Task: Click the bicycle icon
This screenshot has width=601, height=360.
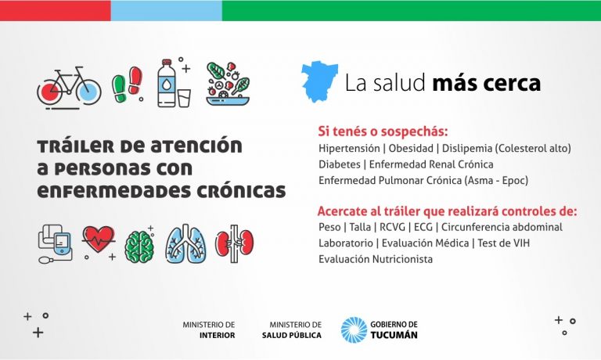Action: pos(70,88)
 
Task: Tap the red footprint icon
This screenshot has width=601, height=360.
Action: pos(135,81)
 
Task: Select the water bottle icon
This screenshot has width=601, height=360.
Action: pos(167,83)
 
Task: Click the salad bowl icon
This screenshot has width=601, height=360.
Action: pos(228,84)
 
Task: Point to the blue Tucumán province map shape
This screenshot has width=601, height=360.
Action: pos(319,81)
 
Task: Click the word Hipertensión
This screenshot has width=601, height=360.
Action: pos(349,149)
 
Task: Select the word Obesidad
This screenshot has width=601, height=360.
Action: pos(411,149)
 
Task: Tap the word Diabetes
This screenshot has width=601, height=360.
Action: pos(340,164)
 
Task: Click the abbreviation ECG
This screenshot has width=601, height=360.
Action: pos(423,227)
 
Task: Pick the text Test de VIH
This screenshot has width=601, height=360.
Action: pos(504,243)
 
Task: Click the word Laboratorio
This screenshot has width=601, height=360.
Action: pos(346,243)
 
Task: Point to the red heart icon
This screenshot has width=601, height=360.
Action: pos(99,239)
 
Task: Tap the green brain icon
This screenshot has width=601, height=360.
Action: pos(139,247)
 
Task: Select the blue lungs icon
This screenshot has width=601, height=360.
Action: pos(186,244)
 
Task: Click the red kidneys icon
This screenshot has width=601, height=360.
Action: pos(234,243)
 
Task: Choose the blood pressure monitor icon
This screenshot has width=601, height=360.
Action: pos(55,244)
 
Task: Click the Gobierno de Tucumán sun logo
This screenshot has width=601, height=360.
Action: pos(354,329)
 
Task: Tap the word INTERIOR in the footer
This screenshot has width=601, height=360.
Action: pos(217,336)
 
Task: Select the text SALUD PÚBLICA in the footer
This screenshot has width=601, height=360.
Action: pos(292,336)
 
